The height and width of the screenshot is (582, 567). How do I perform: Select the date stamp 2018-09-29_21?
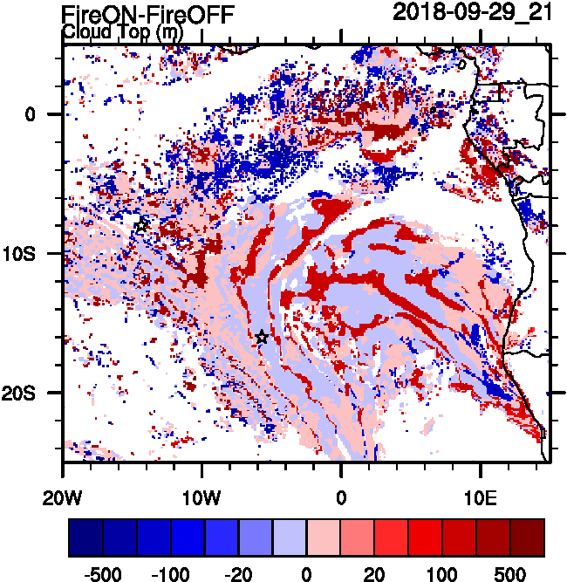pos(472,12)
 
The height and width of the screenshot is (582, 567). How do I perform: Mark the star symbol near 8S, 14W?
pos(142,225)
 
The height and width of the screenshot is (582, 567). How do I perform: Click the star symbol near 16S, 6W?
pos(262,337)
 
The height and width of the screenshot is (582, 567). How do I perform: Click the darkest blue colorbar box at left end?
pos(85,537)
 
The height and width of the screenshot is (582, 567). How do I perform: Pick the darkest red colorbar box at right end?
pos(527,537)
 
